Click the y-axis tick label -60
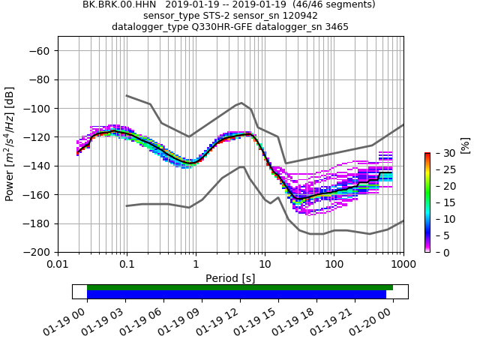pos(40,51)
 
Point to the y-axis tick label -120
pos(37,137)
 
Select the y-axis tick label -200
pos(37,253)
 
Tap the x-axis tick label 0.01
pos(58,265)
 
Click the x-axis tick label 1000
pos(403,265)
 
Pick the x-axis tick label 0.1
pos(127,265)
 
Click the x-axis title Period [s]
pos(230,278)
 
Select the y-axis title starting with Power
pos(10,144)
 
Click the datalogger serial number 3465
pos(334,27)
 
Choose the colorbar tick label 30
pos(442,153)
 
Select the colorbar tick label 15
pos(442,202)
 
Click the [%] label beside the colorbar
pos(465,144)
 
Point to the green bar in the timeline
pos(240,287)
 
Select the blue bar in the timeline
pos(236,295)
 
